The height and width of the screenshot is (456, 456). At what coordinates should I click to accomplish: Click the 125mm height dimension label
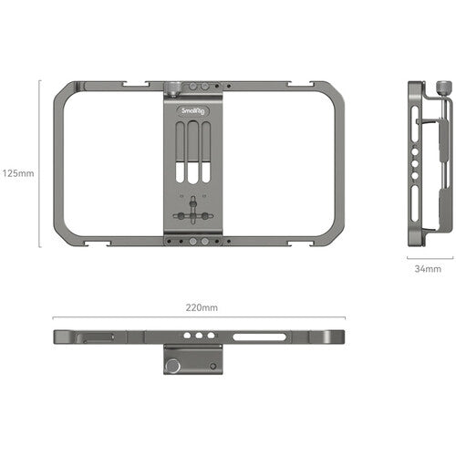click(x=18, y=171)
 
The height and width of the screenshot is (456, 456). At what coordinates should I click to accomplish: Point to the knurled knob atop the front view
click(x=174, y=89)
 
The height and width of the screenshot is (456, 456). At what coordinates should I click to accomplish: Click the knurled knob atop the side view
click(x=442, y=89)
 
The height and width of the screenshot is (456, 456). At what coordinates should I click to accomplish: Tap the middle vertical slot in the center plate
click(x=193, y=155)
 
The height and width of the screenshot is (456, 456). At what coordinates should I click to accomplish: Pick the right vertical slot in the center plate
click(x=206, y=155)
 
